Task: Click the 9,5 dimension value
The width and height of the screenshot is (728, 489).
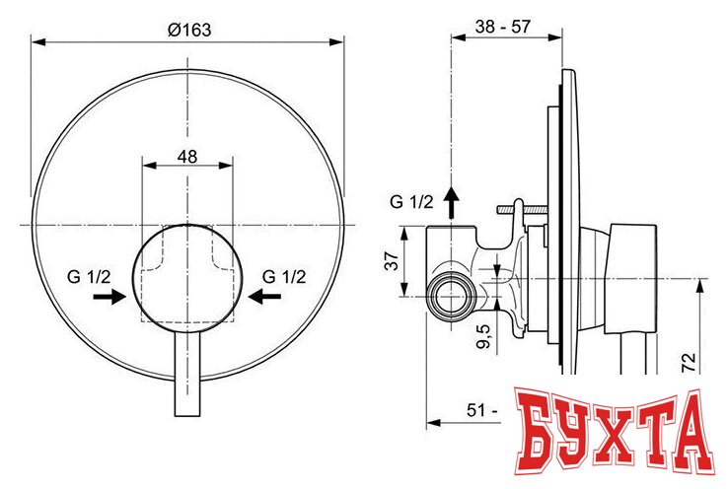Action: pos(482,336)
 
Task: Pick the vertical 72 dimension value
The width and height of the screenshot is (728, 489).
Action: pos(689,363)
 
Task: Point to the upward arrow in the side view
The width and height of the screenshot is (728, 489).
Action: pos(452,201)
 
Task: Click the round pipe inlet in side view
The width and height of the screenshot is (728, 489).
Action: pos(451,295)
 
